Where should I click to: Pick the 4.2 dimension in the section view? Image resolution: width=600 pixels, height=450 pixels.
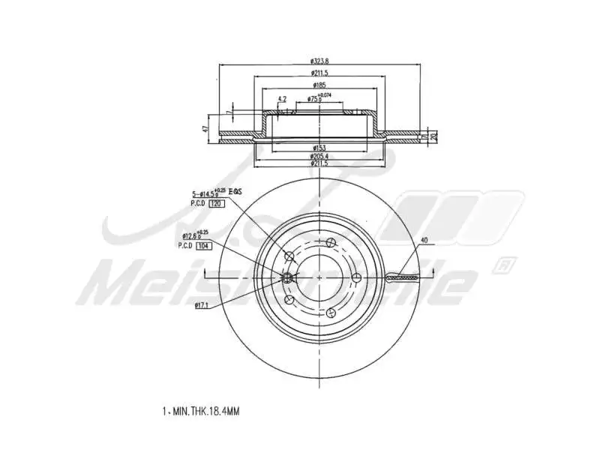click(282, 99)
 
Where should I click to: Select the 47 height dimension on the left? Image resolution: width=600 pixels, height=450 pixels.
click(205, 128)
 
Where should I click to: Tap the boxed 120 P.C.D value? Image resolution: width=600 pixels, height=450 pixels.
click(216, 204)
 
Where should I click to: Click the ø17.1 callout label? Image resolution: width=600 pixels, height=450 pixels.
click(200, 304)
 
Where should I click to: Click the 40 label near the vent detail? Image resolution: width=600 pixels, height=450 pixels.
click(424, 241)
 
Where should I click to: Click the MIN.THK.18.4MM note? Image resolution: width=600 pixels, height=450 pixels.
click(201, 411)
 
